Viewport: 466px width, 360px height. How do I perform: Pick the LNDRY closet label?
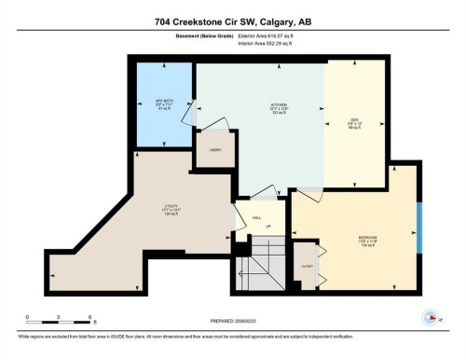pyautogui.click(x=214, y=150)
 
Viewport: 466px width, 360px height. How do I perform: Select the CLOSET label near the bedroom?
pyautogui.click(x=307, y=265)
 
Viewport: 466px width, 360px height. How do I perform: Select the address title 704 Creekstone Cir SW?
pyautogui.click(x=232, y=23)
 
